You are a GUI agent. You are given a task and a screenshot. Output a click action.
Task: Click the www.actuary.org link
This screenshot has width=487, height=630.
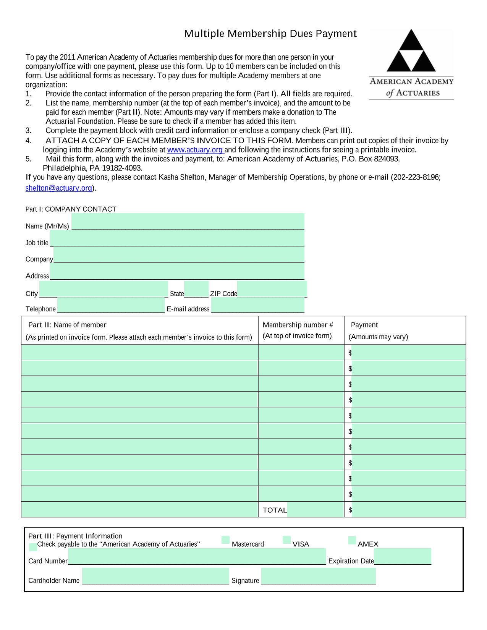(x=195, y=150)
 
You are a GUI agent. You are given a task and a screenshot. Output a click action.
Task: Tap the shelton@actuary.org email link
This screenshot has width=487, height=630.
(x=59, y=188)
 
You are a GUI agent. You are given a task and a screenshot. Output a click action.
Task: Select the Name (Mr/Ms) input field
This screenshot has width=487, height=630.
(x=188, y=222)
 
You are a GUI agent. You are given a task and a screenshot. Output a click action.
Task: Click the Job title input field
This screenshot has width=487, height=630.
(x=177, y=238)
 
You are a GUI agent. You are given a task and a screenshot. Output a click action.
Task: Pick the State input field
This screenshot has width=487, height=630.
(x=196, y=289)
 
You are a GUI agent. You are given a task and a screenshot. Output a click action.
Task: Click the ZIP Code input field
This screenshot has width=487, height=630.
(x=272, y=289)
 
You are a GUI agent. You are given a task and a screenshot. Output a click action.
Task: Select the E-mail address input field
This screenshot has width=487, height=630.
(x=258, y=305)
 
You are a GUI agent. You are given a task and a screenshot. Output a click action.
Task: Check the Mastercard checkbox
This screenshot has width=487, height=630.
(x=226, y=540)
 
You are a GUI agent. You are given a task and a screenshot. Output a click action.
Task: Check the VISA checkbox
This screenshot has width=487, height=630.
(x=286, y=540)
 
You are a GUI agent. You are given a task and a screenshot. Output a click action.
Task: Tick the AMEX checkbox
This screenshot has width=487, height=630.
(x=352, y=540)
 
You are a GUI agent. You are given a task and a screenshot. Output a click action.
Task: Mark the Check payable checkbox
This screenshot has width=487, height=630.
(x=33, y=547)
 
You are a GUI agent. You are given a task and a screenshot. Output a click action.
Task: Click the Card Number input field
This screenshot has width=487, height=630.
(x=197, y=556)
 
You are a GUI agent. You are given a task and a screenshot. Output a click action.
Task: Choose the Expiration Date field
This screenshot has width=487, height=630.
(x=403, y=556)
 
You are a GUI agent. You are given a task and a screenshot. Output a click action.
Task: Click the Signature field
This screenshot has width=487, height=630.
(x=319, y=576)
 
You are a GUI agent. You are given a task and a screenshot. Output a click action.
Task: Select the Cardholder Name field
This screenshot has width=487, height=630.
(x=155, y=576)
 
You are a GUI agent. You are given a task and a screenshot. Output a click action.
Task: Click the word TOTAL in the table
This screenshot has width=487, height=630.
(x=275, y=510)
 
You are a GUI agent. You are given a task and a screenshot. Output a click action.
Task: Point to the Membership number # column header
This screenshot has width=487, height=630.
(x=298, y=325)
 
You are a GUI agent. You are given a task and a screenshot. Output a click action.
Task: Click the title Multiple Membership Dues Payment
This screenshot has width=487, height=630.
(x=270, y=34)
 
